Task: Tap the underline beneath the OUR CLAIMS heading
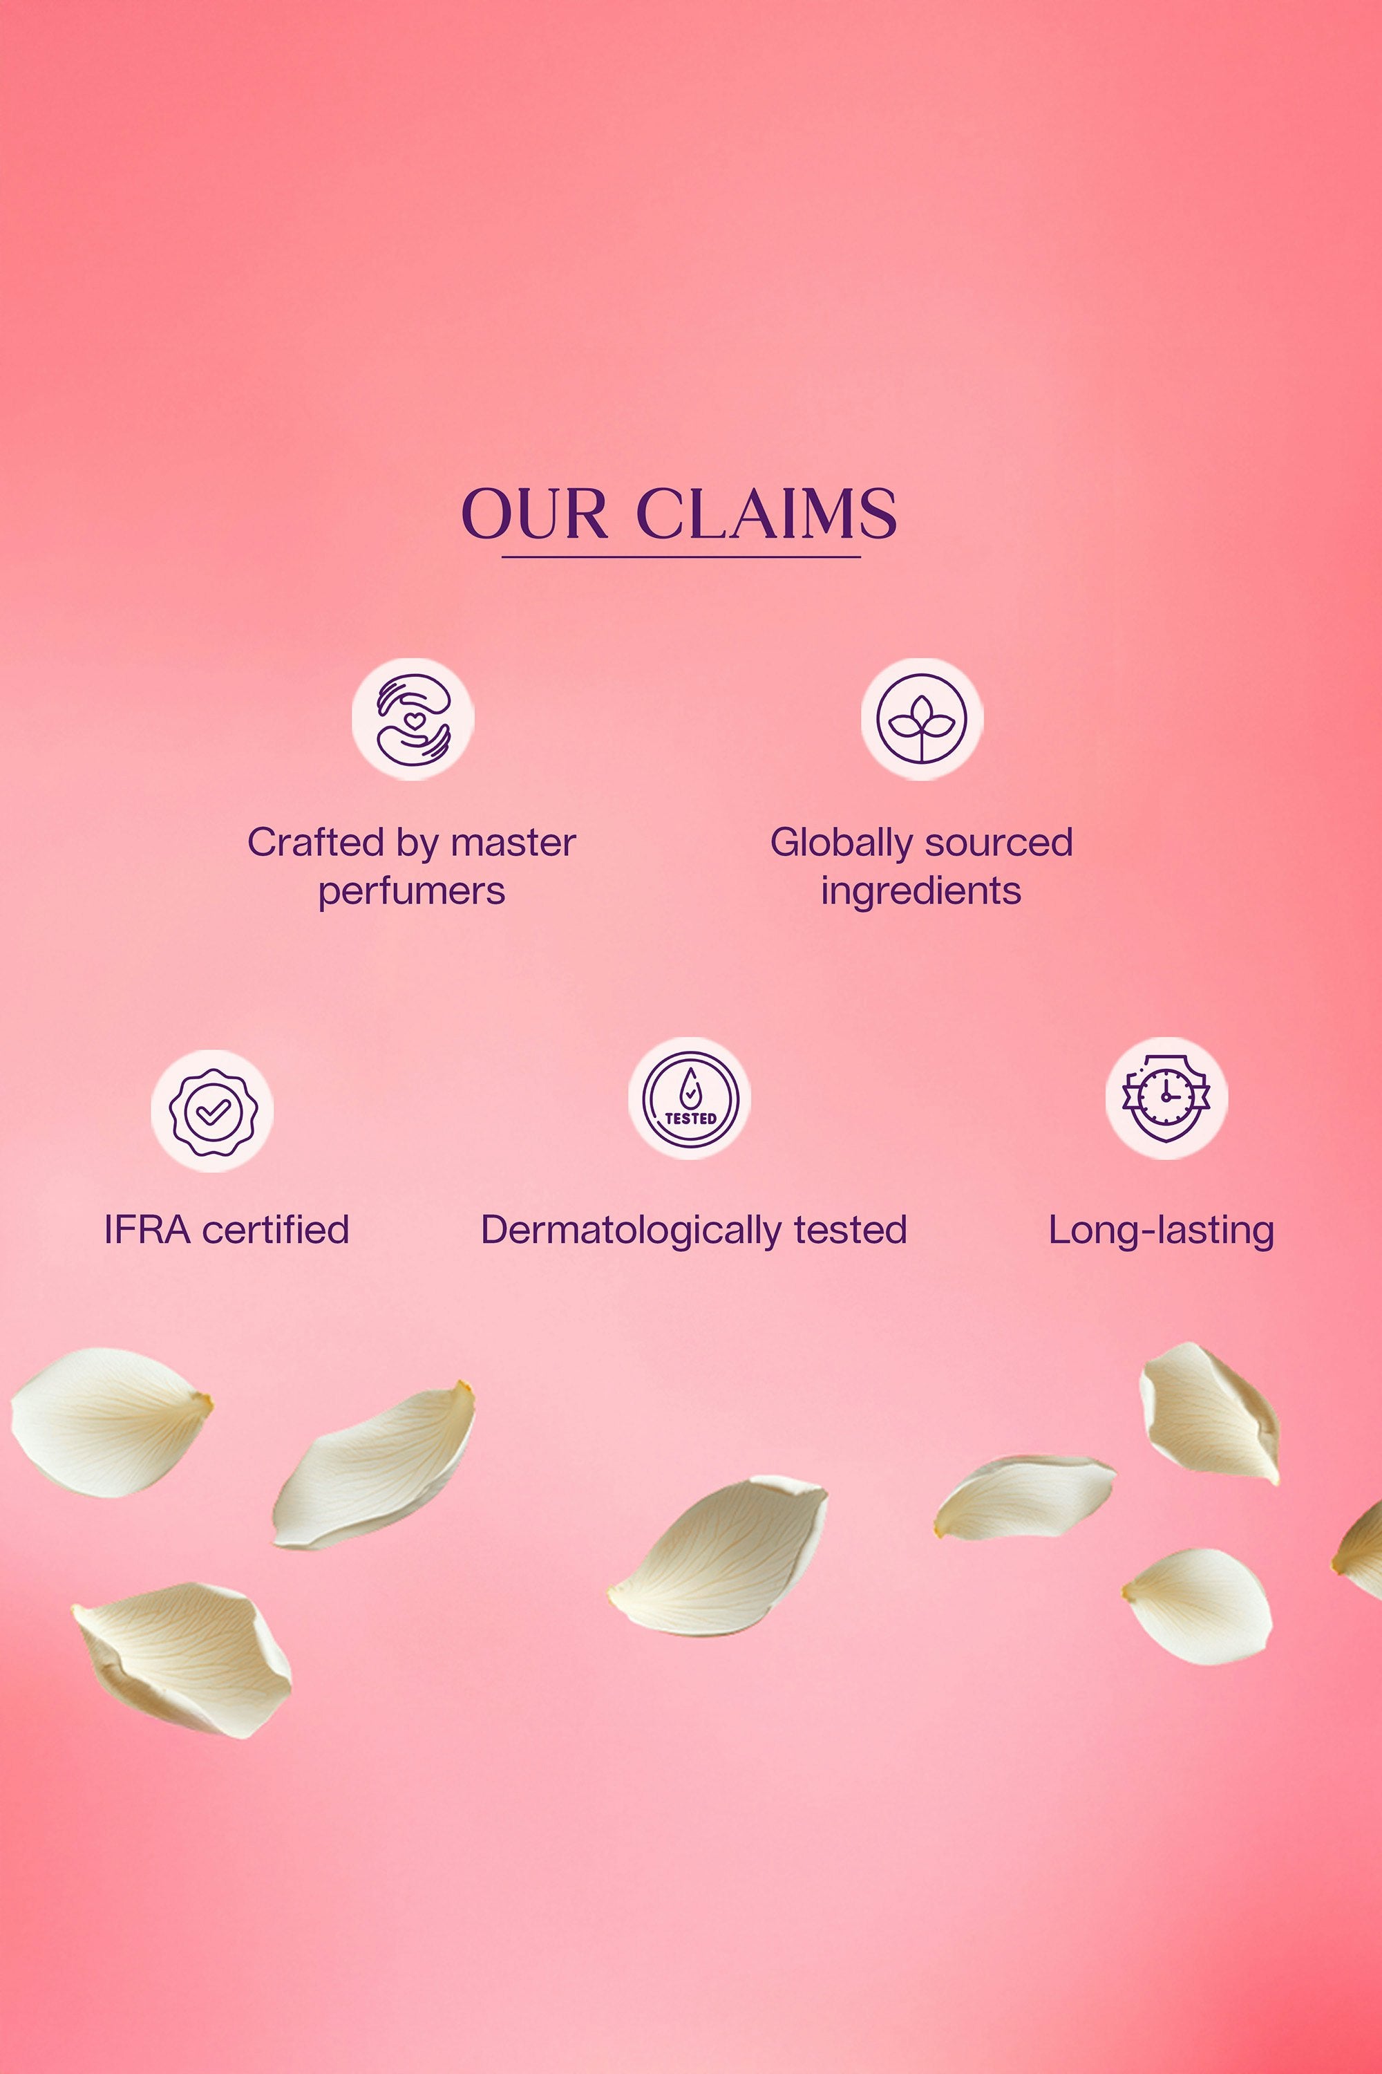[681, 557]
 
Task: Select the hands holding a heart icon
[413, 719]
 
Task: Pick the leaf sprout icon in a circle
[922, 719]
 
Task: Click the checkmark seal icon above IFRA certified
[212, 1111]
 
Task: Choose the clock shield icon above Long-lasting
[1167, 1098]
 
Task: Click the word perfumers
[412, 893]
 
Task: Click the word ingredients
[921, 893]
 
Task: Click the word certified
[276, 1230]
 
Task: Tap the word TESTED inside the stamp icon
[690, 1118]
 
